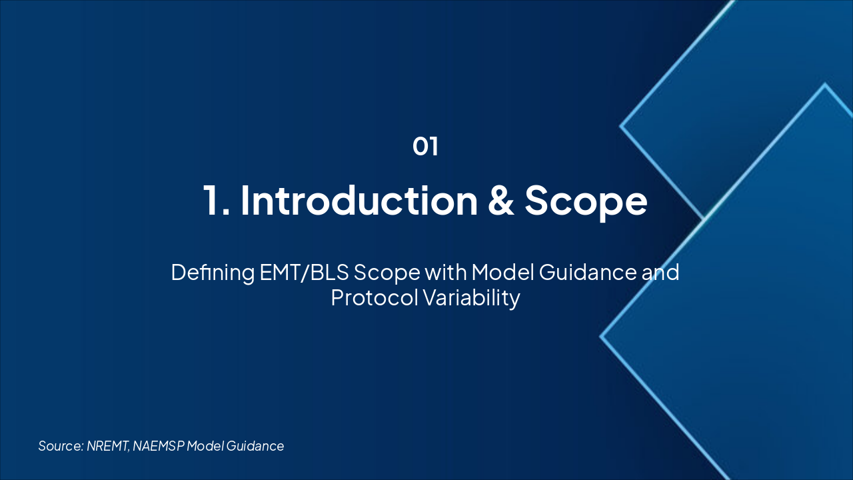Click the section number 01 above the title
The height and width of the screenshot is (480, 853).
[425, 146]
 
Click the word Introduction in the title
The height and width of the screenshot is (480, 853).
[359, 201]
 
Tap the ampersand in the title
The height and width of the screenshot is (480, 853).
[501, 201]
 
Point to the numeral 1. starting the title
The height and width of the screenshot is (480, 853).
[217, 201]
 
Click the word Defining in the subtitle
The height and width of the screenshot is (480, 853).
[213, 273]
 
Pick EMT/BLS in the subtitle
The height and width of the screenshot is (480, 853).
[305, 273]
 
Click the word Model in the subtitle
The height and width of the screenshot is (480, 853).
[502, 273]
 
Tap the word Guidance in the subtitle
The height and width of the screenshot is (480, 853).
[588, 273]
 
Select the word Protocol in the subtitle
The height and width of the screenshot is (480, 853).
[375, 297]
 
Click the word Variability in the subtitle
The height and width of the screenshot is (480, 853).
[471, 298]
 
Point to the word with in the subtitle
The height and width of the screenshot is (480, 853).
[446, 273]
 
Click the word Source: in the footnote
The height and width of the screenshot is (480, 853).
[61, 446]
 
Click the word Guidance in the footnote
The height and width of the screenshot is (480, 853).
[255, 446]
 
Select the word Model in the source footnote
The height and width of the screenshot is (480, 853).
[205, 446]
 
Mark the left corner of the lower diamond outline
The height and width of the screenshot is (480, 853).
[600, 337]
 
